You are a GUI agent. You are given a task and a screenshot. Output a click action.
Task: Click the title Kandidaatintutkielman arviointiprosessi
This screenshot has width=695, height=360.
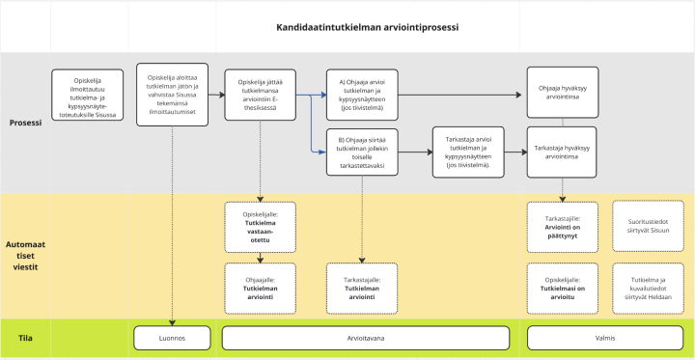pyautogui.click(x=367, y=27)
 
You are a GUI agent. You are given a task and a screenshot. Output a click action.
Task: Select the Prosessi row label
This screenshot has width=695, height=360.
pyautogui.click(x=25, y=123)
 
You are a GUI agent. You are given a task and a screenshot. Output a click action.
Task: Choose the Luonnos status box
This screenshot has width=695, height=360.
pyautogui.click(x=172, y=339)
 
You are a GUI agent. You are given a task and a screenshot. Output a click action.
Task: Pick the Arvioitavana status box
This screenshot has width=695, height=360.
pyautogui.click(x=366, y=339)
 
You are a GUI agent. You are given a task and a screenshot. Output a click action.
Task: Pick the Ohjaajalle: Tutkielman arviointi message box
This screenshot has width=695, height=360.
pyautogui.click(x=260, y=287)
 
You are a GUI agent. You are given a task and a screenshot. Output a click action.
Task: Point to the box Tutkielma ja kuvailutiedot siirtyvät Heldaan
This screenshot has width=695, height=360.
pyautogui.click(x=648, y=287)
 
